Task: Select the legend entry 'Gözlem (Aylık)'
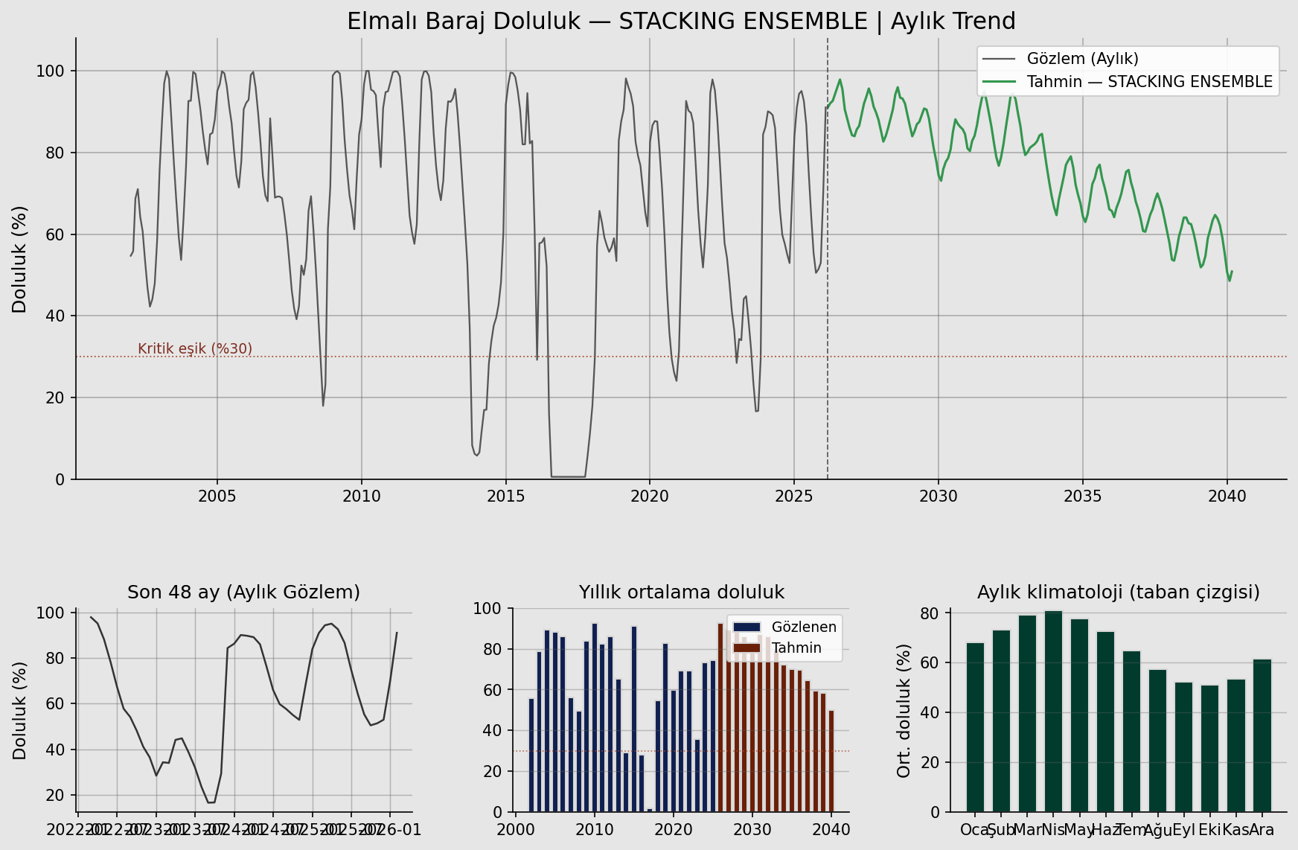point(1082,59)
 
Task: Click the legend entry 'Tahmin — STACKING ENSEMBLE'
point(1149,82)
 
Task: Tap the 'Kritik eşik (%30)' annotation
point(195,349)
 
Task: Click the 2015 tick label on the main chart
point(506,496)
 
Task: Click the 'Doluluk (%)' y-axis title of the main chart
point(20,259)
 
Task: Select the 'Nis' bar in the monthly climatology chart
point(1053,711)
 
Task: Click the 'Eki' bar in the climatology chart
point(1209,748)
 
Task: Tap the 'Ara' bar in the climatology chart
point(1262,735)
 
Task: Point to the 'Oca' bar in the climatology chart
point(975,727)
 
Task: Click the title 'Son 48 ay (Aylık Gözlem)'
point(243,592)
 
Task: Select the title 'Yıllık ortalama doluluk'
point(681,592)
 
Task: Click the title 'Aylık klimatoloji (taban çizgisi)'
point(1118,592)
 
